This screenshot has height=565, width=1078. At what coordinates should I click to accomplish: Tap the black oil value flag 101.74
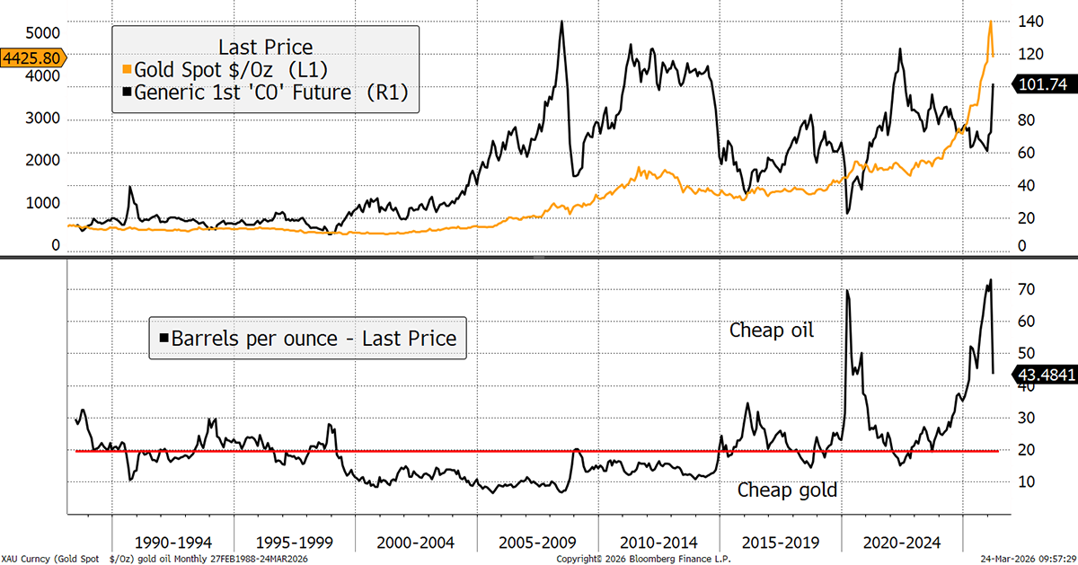point(1043,84)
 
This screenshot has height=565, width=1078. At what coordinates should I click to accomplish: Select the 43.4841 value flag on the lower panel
point(1045,375)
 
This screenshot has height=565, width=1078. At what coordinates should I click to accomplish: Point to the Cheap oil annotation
point(771,331)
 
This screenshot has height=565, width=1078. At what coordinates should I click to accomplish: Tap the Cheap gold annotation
point(787,490)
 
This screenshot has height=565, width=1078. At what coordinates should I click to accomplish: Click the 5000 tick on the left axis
point(43,33)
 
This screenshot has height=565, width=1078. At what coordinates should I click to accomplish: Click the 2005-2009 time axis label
point(538,543)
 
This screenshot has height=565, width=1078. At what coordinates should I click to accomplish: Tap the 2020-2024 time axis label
point(902,543)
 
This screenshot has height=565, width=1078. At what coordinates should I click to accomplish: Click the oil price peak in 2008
point(561,22)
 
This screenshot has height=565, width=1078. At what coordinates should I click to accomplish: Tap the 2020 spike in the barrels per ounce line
point(848,290)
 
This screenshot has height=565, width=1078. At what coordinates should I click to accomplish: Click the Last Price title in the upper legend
point(266,46)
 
